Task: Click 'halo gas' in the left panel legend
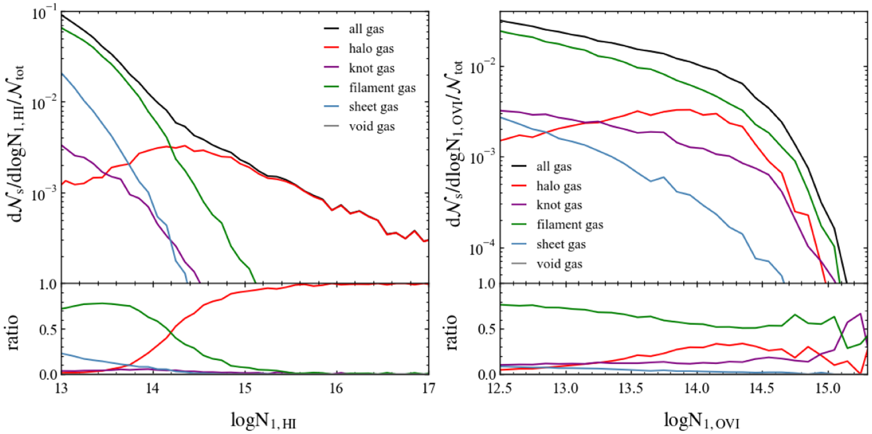coord(371,49)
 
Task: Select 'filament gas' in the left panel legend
coord(382,88)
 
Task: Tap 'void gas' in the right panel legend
coord(559,264)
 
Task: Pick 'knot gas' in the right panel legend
coord(559,205)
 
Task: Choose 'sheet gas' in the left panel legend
coord(373,107)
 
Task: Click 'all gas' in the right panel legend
coord(554,166)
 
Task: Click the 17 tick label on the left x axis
coord(428,388)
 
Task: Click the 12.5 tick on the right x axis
coord(500,388)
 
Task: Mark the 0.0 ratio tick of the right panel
coord(487,374)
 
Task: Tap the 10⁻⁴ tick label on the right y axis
coord(482,248)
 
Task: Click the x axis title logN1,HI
coord(263,421)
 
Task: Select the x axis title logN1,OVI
coord(702,421)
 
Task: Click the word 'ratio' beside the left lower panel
coord(14,332)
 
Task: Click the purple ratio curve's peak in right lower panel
coord(861,314)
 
